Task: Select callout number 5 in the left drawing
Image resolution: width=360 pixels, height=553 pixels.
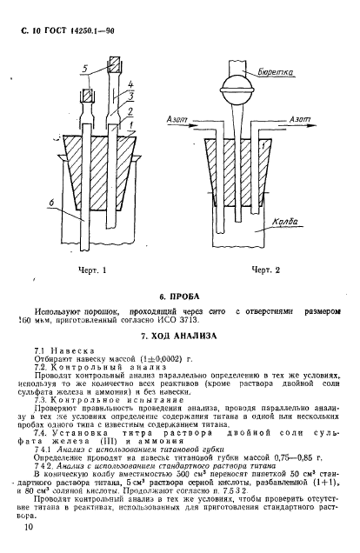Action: click(84, 67)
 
